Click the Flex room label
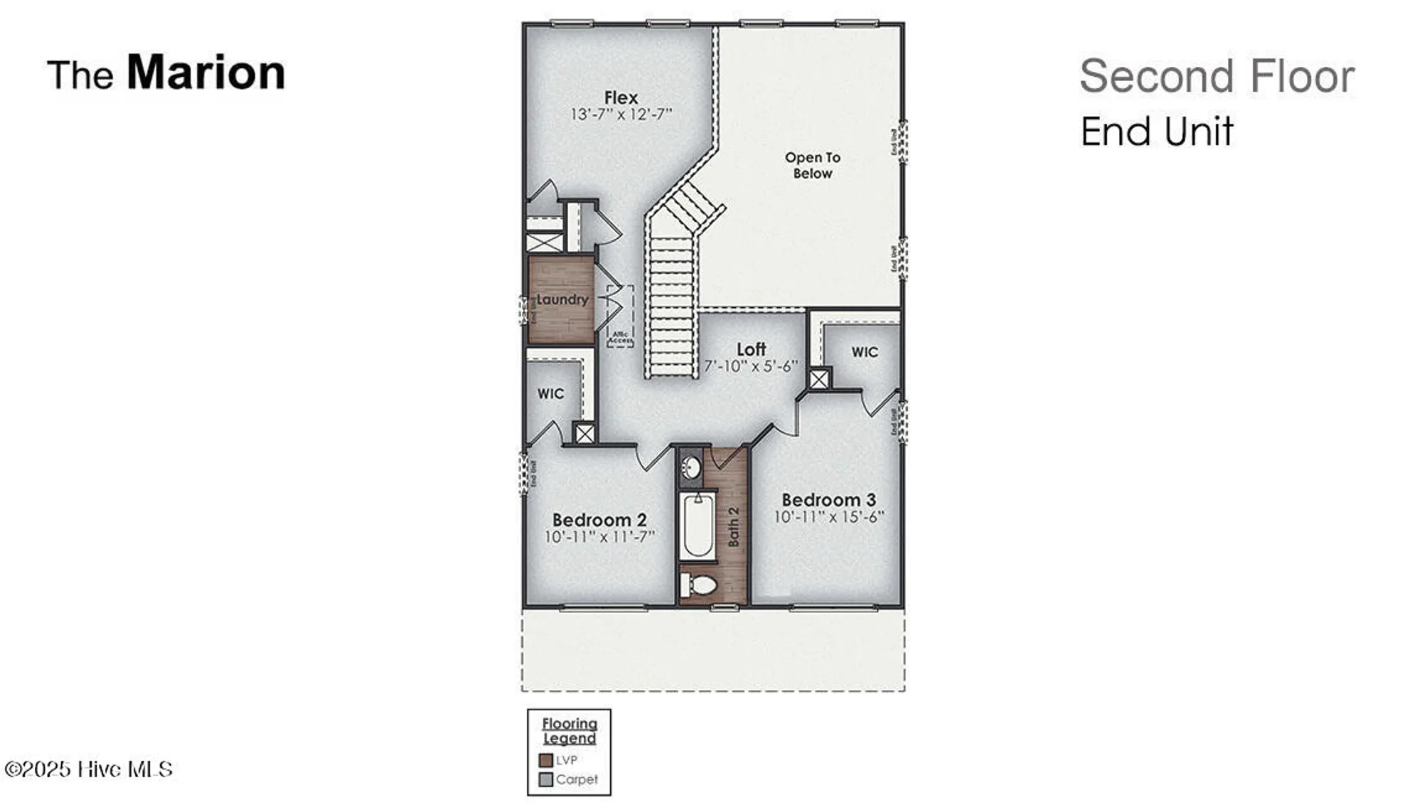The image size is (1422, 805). click(x=621, y=97)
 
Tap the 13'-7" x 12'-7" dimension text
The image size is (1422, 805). click(x=621, y=114)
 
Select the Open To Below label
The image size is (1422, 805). click(x=812, y=165)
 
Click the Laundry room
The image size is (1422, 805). click(x=562, y=299)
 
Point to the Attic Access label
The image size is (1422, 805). click(x=620, y=337)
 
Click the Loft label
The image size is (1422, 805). click(x=751, y=349)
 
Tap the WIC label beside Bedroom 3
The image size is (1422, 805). click(x=865, y=352)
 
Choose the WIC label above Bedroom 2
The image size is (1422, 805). click(x=550, y=393)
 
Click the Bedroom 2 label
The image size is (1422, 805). click(x=599, y=520)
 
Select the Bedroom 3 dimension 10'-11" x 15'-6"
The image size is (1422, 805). click(x=829, y=517)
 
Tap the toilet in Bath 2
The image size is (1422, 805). click(x=699, y=585)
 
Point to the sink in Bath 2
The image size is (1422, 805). click(x=691, y=468)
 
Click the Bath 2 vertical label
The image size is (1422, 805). click(x=733, y=526)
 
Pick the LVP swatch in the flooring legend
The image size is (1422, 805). click(x=546, y=760)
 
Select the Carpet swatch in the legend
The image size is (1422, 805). click(x=546, y=779)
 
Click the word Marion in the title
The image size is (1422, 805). click(x=205, y=73)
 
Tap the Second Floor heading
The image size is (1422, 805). click(x=1217, y=76)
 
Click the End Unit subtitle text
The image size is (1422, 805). click(x=1157, y=132)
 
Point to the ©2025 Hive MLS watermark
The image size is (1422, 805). click(x=88, y=769)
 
